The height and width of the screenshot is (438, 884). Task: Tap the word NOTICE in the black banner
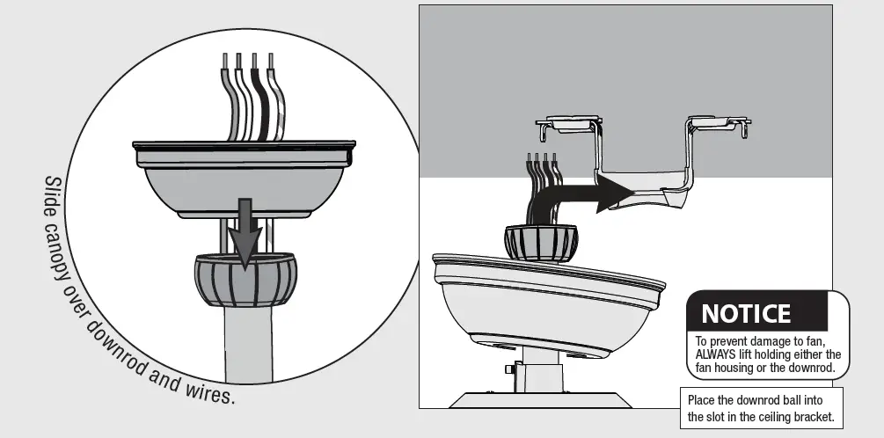745,313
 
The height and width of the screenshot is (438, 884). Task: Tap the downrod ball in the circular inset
245,279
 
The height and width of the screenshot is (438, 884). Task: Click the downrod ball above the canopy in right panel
540,241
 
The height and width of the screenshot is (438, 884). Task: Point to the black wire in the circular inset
259,101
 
